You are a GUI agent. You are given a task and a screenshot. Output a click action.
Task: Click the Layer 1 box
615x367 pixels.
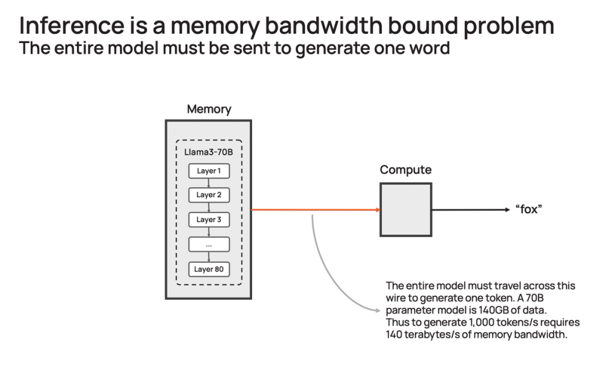208,171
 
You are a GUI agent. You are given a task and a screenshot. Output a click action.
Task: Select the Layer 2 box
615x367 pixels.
208,195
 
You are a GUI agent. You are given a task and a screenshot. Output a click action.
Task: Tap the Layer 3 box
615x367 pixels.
208,219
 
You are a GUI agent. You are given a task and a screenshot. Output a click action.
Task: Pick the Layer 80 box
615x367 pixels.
208,269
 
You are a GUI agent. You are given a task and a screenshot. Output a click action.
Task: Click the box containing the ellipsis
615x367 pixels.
208,244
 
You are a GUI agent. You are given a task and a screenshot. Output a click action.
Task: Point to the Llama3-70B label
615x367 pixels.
208,151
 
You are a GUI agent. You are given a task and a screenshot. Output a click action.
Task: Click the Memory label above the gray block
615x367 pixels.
208,110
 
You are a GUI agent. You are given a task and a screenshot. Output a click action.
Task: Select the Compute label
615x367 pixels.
405,169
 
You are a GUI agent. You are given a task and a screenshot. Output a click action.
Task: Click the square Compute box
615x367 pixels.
405,210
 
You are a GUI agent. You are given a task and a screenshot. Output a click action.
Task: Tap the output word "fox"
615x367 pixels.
528,210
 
